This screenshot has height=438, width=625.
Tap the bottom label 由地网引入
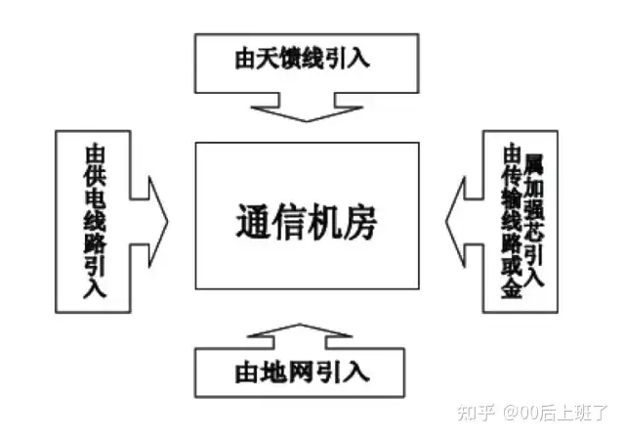coord(306,372)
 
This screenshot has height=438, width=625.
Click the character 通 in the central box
coord(253,221)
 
